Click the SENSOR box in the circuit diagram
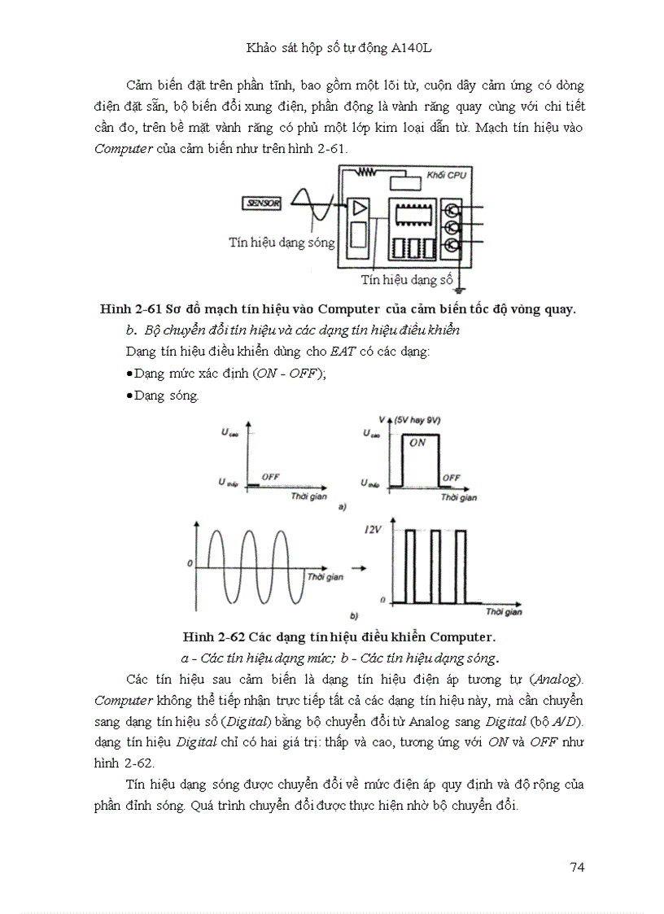(x=261, y=203)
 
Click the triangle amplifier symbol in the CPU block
(x=359, y=208)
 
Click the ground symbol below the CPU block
(x=461, y=286)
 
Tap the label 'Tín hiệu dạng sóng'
(x=282, y=243)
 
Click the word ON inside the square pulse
(x=417, y=443)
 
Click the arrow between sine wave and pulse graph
(x=358, y=566)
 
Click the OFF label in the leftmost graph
(x=270, y=475)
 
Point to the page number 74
(x=577, y=867)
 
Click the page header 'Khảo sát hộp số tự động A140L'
(x=339, y=48)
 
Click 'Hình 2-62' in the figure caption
(x=213, y=636)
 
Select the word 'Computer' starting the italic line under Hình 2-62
(x=123, y=700)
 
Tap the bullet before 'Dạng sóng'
(x=130, y=396)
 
